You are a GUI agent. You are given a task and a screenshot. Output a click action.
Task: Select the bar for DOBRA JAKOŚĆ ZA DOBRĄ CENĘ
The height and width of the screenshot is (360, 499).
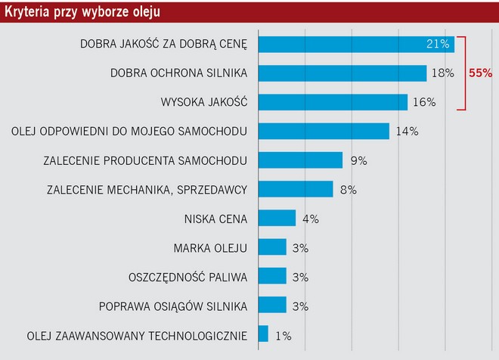click(355, 44)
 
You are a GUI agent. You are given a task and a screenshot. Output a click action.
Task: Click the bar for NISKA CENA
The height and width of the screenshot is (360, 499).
click(277, 218)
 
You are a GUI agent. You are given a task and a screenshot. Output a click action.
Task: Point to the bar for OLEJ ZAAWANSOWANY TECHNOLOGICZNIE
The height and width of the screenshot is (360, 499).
click(263, 334)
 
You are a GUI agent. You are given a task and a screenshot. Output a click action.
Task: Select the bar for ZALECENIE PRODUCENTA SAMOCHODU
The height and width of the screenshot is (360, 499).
click(300, 160)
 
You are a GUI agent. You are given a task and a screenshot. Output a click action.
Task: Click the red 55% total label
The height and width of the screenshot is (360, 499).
click(481, 73)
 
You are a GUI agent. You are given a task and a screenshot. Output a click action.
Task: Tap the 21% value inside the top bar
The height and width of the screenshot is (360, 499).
click(439, 44)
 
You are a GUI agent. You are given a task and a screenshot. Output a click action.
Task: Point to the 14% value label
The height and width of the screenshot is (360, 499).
click(407, 131)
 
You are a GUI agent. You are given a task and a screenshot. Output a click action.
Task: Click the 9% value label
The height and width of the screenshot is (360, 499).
click(358, 160)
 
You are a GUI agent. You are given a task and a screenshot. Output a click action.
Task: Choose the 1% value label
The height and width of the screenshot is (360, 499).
click(283, 334)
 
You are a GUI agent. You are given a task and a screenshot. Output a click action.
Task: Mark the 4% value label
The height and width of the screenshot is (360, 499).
click(311, 219)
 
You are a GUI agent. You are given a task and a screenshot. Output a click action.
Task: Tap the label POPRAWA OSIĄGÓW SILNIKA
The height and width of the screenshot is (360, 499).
click(173, 306)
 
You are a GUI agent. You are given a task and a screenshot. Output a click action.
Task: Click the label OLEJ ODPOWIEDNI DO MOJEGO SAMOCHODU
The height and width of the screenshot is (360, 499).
click(129, 131)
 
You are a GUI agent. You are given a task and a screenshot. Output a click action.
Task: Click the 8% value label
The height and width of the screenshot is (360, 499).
click(349, 189)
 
